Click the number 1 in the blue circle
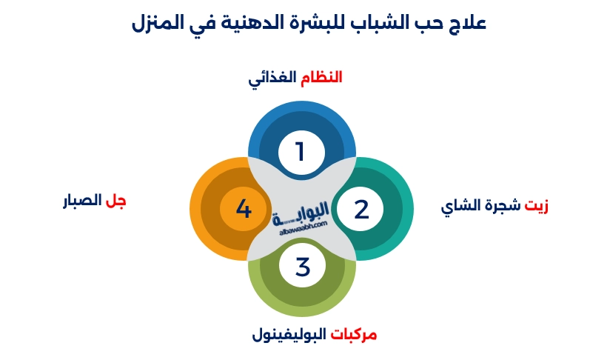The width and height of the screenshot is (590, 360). pyautogui.click(x=301, y=152)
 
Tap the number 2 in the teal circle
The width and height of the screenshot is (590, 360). pyautogui.click(x=361, y=209)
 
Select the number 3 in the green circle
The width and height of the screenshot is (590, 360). pyautogui.click(x=302, y=266)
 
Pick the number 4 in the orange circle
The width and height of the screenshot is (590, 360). pyautogui.click(x=244, y=209)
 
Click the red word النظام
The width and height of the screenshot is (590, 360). pyautogui.click(x=321, y=76)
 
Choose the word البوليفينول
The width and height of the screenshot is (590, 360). pyautogui.click(x=289, y=334)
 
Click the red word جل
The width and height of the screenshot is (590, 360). pyautogui.click(x=115, y=201)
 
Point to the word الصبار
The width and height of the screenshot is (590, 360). pyautogui.click(x=81, y=201)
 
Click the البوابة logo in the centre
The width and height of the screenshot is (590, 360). pyautogui.click(x=301, y=211)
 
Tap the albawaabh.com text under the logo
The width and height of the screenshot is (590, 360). pyautogui.click(x=301, y=230)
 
